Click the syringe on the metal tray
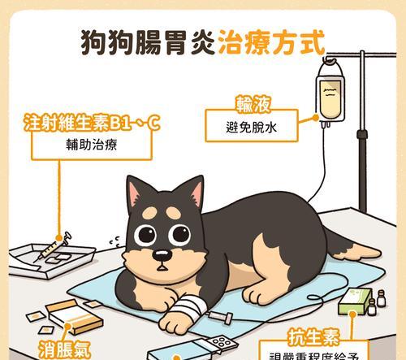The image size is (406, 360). click(57, 244)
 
